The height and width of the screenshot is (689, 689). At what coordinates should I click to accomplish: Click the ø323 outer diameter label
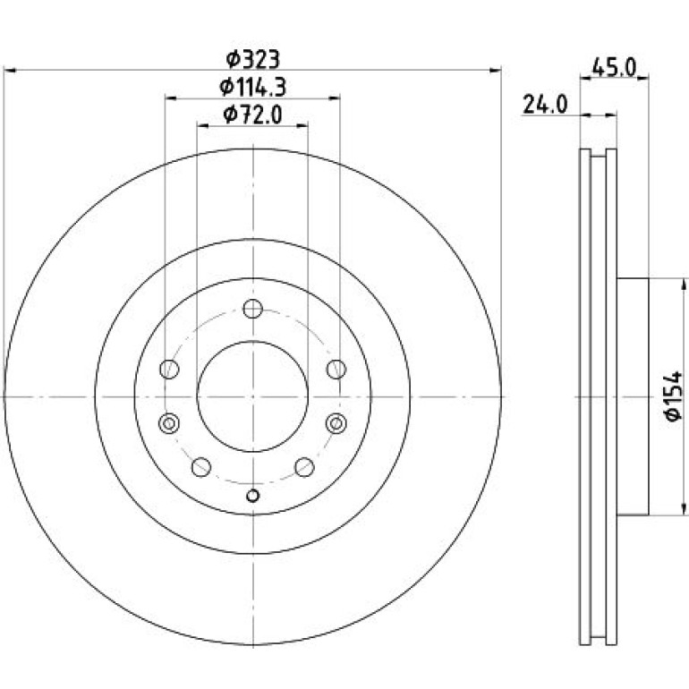252,60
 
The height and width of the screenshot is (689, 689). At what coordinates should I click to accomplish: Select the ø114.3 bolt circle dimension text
252,87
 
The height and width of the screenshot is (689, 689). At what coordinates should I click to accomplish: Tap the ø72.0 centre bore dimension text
252,115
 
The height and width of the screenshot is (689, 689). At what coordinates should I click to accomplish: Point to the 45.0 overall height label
615,68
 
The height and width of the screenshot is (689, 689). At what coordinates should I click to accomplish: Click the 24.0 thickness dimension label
545,105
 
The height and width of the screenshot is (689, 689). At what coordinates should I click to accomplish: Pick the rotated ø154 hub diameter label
674,396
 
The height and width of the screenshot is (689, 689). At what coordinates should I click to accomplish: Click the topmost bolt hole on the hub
252,309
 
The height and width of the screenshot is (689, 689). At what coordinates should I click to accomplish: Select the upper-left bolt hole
169,369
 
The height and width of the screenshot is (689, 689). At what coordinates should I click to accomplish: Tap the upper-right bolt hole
336,369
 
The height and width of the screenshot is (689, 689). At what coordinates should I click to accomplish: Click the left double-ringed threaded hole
169,423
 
